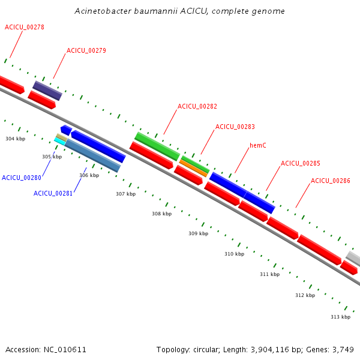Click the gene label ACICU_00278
[24, 27]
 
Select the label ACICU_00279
[86, 50]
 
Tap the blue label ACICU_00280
[21, 178]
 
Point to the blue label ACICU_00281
[53, 193]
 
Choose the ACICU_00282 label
[197, 106]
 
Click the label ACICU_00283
[235, 127]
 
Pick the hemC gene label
[258, 145]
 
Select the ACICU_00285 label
[300, 163]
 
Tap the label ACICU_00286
[330, 181]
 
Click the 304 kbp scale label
[15, 139]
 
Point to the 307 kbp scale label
[125, 194]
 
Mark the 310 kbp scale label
[234, 254]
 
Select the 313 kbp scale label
[340, 316]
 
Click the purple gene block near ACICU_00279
[47, 91]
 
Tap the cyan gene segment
[60, 141]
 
